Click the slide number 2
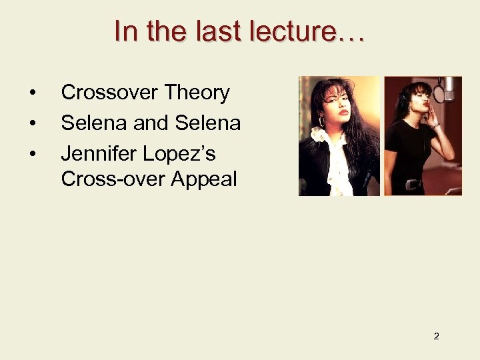click(436, 336)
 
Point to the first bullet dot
click(33, 93)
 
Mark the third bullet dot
click(33, 153)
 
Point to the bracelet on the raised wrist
click(435, 125)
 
